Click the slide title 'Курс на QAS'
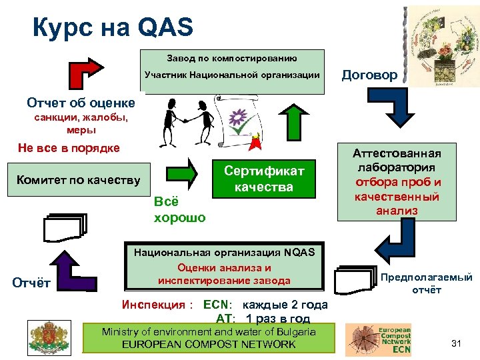(113, 27)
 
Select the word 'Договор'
(369, 75)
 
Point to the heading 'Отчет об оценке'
(81, 103)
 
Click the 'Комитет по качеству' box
(79, 179)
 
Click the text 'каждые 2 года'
(281, 305)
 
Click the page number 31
(456, 343)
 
